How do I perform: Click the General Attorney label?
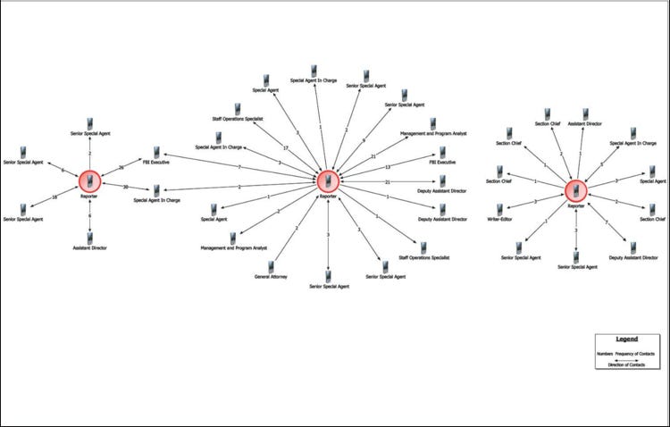(x=268, y=276)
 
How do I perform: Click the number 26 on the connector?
(x=121, y=167)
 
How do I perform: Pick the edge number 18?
(x=54, y=197)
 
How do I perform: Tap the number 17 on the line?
(x=285, y=147)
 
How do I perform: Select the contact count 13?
(x=388, y=167)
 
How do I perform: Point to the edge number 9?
(x=364, y=140)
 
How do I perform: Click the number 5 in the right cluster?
(x=600, y=164)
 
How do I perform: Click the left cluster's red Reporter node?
(x=89, y=181)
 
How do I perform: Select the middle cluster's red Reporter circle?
(x=328, y=181)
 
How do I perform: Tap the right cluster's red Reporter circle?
(x=576, y=189)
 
